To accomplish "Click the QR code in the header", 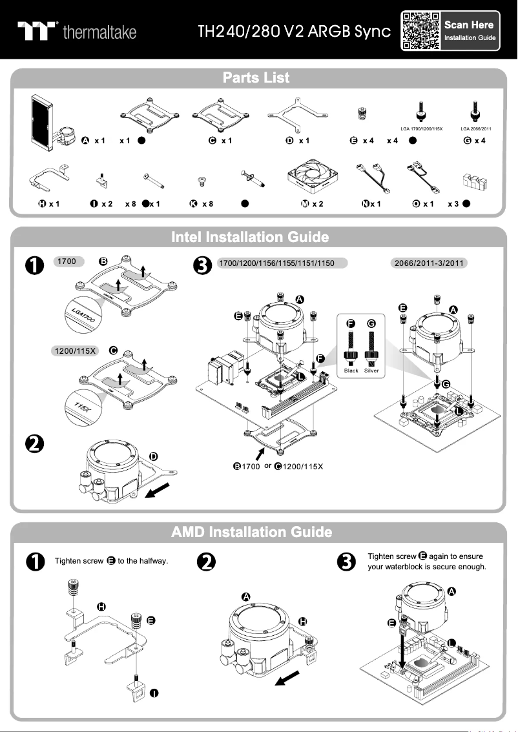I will point(421,30).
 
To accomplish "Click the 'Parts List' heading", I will point(256,78).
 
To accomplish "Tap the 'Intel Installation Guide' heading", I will point(249,237).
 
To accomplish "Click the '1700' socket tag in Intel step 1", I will point(67,262).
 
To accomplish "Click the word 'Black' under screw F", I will point(351,371).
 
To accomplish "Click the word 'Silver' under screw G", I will point(371,371).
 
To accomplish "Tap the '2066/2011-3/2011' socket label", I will point(430,263).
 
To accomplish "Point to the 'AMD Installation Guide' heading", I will point(252,532).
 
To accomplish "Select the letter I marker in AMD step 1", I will point(154,693).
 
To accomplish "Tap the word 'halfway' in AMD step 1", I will point(153,561).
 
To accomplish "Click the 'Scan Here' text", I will point(469,25).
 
